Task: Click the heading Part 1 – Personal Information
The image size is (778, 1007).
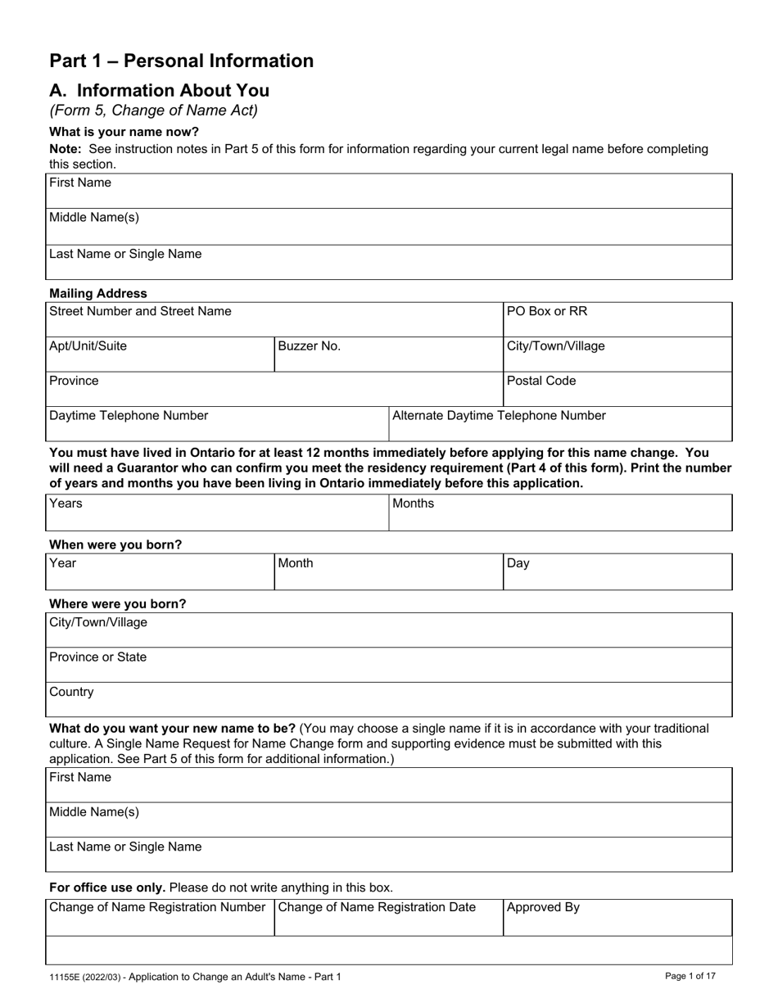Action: pos(181,61)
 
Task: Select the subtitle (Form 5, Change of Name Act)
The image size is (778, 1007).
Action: pos(153,111)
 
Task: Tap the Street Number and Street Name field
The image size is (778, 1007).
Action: pos(274,320)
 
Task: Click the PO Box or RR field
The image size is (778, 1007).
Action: pos(617,320)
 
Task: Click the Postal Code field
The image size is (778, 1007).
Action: pos(617,390)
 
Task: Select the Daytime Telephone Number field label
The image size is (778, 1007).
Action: pos(129,416)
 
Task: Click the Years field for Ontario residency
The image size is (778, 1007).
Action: pos(217,513)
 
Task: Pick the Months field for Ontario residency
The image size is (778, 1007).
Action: pos(560,513)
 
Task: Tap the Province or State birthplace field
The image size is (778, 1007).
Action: pos(389,666)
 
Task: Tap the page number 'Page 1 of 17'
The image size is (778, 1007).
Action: pos(690,976)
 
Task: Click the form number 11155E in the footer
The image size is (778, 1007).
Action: pos(67,977)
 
